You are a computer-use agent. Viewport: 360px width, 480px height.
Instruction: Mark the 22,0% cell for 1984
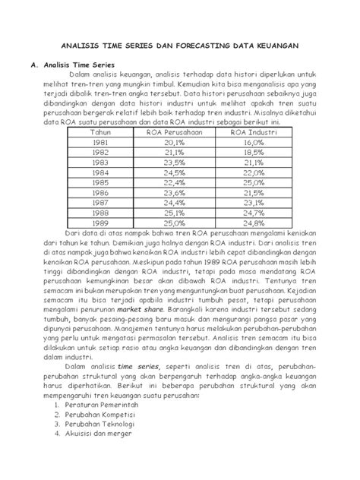253,172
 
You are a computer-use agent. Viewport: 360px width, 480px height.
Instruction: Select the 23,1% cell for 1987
253,203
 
